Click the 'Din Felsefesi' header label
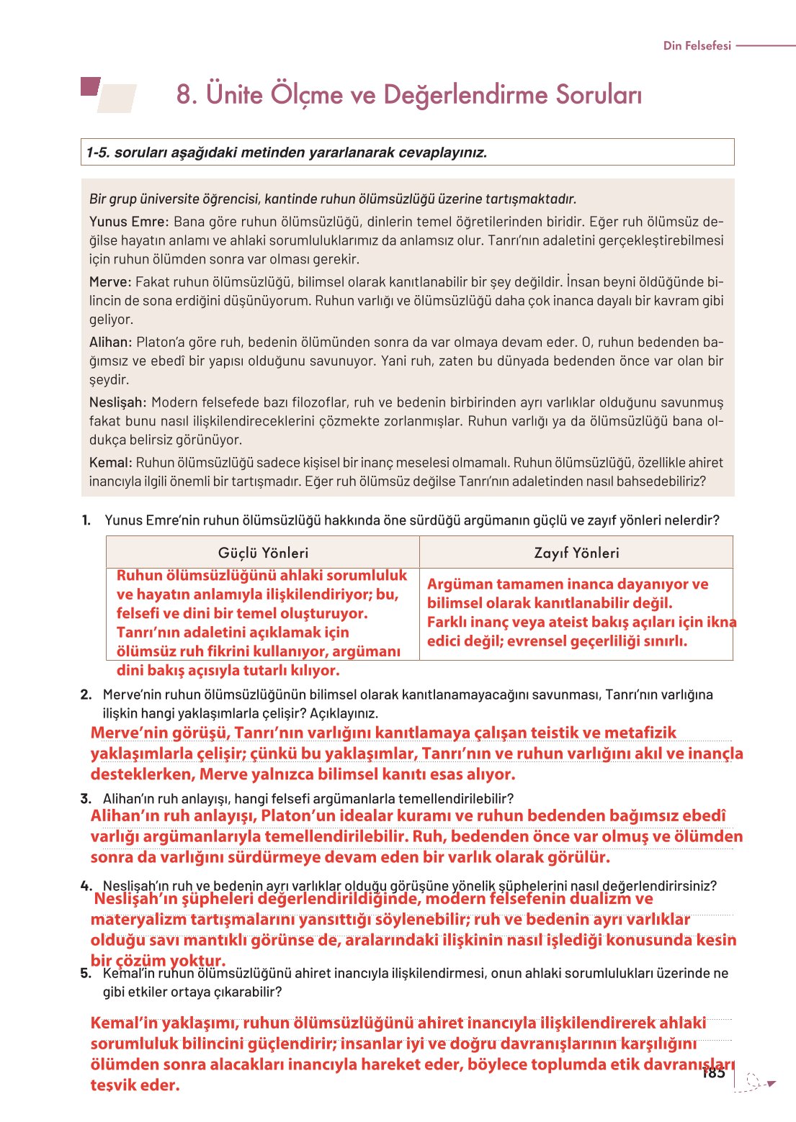pos(697,45)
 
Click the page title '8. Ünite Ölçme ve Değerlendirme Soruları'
pos(409,94)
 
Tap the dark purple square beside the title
pos(89,86)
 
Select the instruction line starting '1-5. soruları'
pos(287,153)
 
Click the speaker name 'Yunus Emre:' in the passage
pos(129,222)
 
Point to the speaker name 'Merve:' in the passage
pos(110,282)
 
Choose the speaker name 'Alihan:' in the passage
pos(111,343)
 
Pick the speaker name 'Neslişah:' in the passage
pos(118,402)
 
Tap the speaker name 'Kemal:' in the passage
pos(111,463)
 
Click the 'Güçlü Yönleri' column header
pos(263,553)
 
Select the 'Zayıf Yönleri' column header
pos(576,553)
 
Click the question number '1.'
pos(86,520)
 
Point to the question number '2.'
pos(86,695)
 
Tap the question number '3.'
pos(86,798)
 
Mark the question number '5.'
pos(86,973)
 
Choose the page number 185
pos(713,1073)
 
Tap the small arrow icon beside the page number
pos(771,1083)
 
